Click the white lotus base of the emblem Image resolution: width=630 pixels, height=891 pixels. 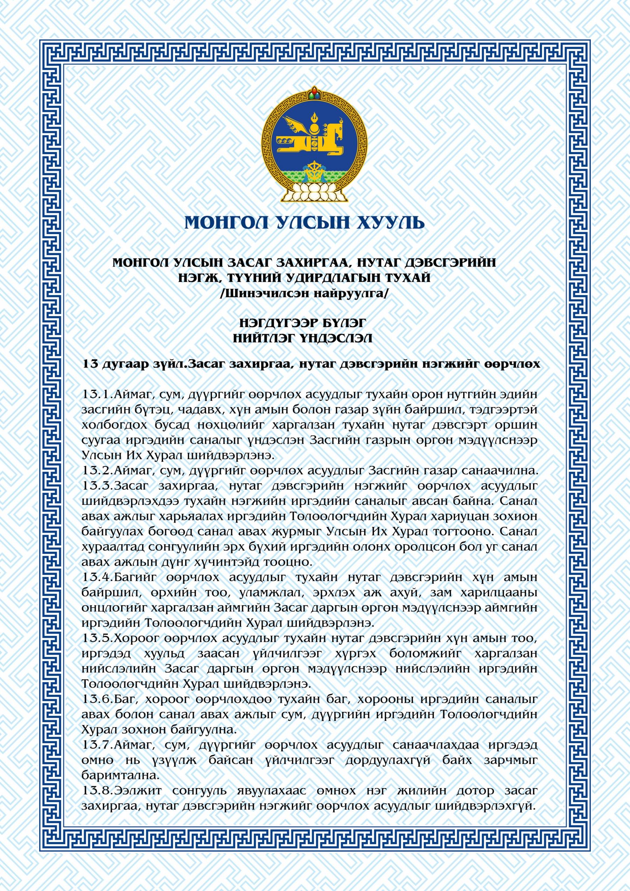click(x=315, y=191)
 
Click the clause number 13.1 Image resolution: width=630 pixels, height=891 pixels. click(x=97, y=394)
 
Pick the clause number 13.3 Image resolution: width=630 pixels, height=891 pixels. click(x=97, y=486)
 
